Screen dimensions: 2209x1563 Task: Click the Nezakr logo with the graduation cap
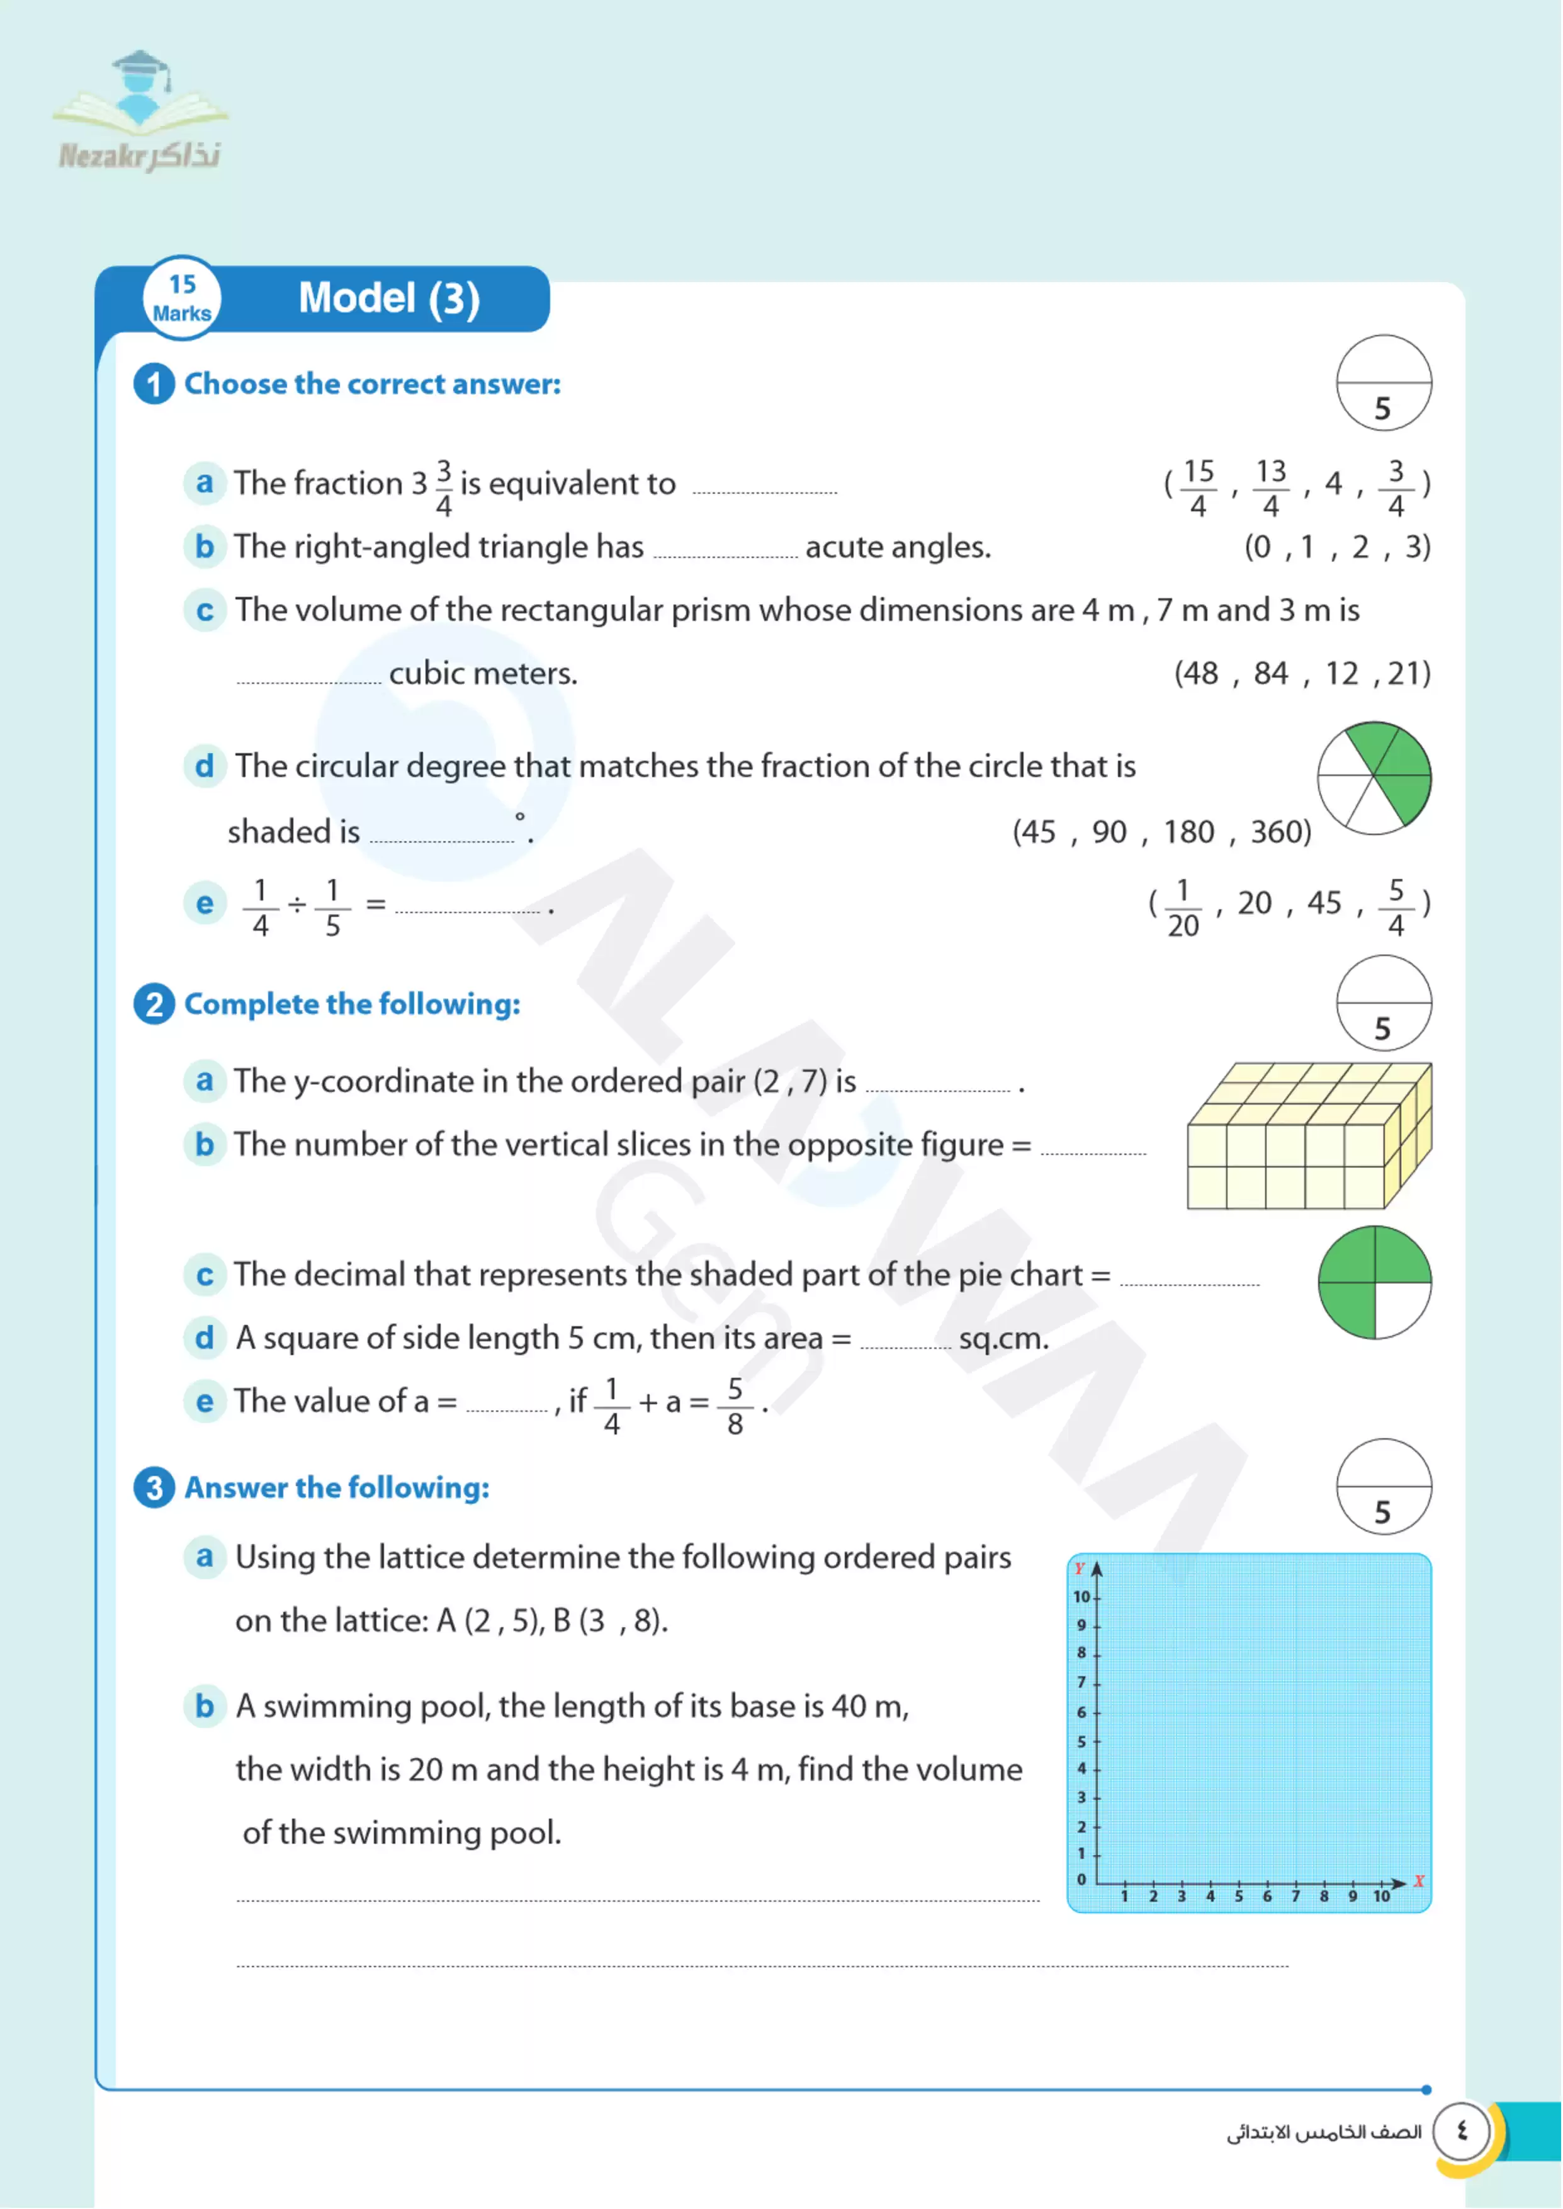click(x=140, y=111)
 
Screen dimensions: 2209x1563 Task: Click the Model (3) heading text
click(x=389, y=298)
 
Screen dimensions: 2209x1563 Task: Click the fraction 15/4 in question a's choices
click(x=1199, y=488)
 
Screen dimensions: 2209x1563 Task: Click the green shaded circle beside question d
click(x=1374, y=778)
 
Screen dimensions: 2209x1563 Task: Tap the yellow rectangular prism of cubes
click(x=1309, y=1136)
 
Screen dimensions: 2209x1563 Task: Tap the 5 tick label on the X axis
click(x=1239, y=1896)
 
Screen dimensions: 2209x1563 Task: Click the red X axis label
click(x=1419, y=1881)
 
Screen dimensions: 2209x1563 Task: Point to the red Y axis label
click(x=1079, y=1568)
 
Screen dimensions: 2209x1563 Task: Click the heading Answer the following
click(x=337, y=1488)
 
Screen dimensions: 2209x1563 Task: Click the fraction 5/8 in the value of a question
click(x=735, y=1406)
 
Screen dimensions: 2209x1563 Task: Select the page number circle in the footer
click(x=1461, y=2131)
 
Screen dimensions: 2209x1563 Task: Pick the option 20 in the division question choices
click(x=1254, y=903)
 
